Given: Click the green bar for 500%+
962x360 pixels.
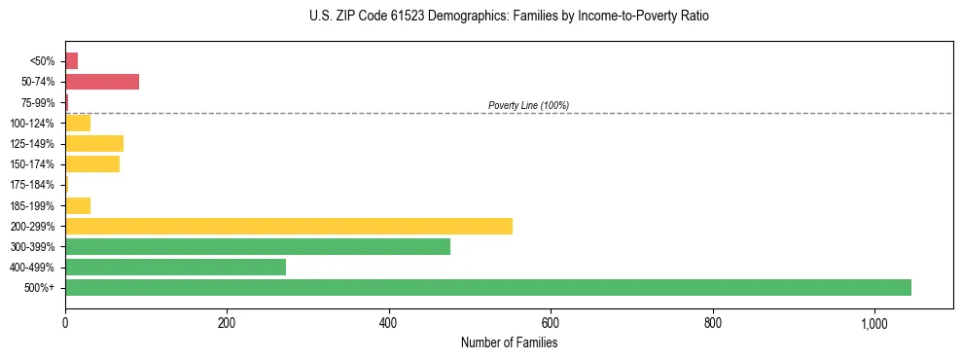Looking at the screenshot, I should pyautogui.click(x=487, y=287).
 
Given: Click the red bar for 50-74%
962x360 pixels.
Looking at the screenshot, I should pyautogui.click(x=101, y=81).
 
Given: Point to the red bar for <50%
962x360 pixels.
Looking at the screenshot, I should pyautogui.click(x=71, y=60).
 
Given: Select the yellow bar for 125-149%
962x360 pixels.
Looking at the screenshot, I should pyautogui.click(x=93, y=143).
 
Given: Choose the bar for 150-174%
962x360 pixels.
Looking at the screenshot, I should pyautogui.click(x=91, y=163).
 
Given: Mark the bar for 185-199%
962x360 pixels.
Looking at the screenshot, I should pyautogui.click(x=77, y=205).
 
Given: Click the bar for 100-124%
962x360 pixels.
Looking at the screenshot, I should pyautogui.click(x=77, y=123).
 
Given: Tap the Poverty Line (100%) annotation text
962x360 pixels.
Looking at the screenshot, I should pyautogui.click(x=528, y=105).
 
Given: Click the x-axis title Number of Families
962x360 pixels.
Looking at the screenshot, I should pyautogui.click(x=509, y=342).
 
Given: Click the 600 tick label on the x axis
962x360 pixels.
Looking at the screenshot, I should pyautogui.click(x=551, y=323).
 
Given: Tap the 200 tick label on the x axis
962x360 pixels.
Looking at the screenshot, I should pyautogui.click(x=227, y=323).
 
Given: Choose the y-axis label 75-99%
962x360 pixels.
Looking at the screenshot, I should pyautogui.click(x=39, y=102).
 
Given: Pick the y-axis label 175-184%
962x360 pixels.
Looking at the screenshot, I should pyautogui.click(x=34, y=185).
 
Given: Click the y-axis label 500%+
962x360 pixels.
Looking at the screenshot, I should pyautogui.click(x=40, y=288).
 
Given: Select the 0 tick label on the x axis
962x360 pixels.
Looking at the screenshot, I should pyautogui.click(x=65, y=323).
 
